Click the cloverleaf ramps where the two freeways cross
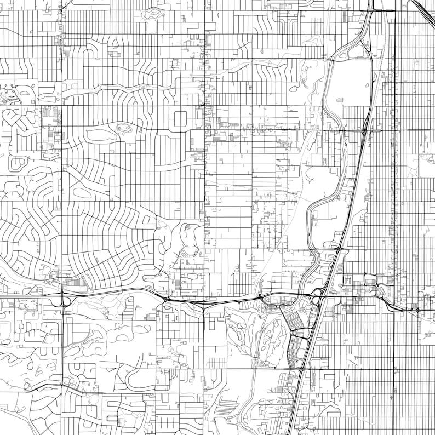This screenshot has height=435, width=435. coord(318,294)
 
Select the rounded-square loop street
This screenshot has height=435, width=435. coord(180,119)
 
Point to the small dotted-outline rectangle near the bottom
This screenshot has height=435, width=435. coord(112,418)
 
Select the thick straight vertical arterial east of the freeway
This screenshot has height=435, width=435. coord(394,164)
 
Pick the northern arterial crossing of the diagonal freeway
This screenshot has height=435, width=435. coord(364,130)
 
